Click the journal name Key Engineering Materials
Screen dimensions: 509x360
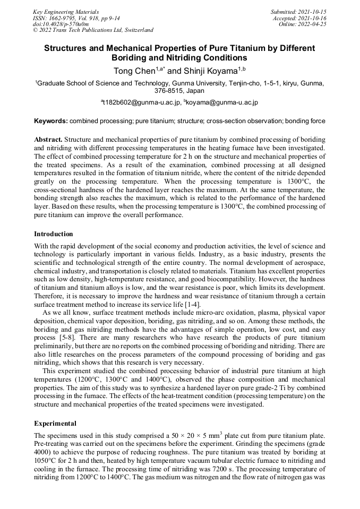tap(66, 12)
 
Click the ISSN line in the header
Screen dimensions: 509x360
tap(69, 18)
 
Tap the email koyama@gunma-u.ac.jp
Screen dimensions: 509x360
tap(221, 102)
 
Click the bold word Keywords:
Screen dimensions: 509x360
tap(51, 121)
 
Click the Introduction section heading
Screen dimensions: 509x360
tap(54, 234)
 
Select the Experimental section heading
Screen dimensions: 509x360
tap(55, 424)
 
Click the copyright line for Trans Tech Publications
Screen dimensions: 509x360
tap(93, 30)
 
